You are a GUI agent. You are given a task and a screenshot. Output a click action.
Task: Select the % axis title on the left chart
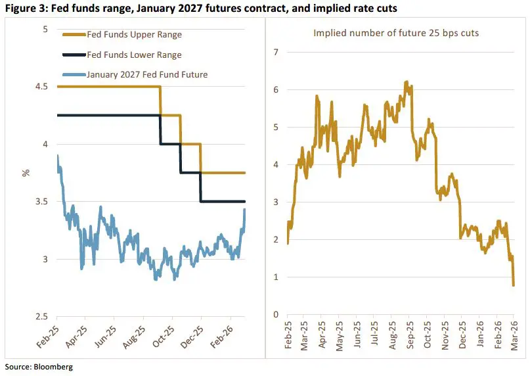[26, 173]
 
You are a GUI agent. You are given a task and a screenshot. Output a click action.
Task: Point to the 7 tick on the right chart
[277, 52]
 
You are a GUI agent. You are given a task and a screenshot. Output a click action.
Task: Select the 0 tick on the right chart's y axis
[277, 314]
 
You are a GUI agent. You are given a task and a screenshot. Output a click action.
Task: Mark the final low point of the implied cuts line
[514, 285]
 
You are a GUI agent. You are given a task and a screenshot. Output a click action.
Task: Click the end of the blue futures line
[245, 209]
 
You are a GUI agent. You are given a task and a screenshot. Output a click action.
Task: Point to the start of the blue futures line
[58, 156]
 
